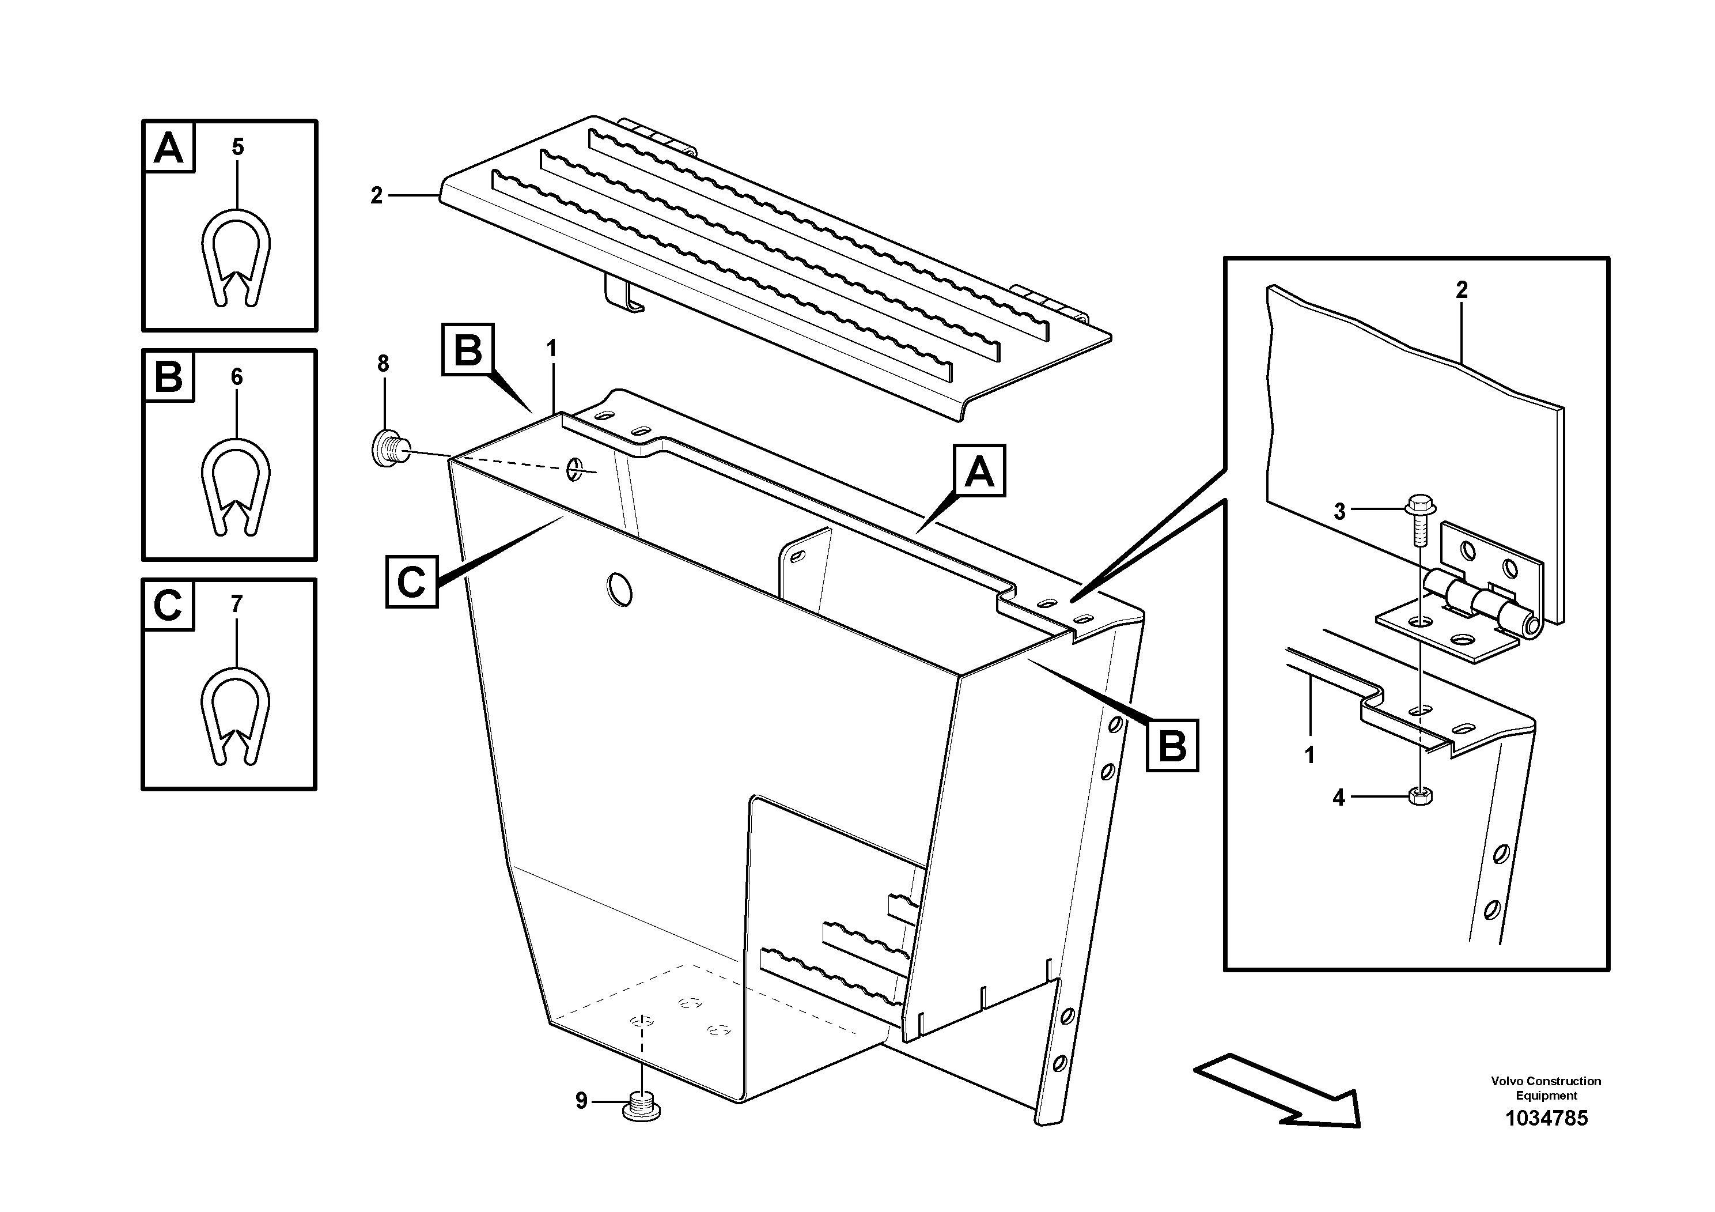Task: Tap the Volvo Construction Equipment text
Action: (1546, 1088)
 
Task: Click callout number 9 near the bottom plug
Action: (581, 1101)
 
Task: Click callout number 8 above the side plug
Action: (383, 364)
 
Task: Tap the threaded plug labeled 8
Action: (388, 448)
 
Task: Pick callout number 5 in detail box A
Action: (237, 147)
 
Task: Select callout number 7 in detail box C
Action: (237, 604)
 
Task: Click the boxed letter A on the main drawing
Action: (979, 471)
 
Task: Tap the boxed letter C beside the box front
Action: (411, 582)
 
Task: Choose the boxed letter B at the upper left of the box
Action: (468, 349)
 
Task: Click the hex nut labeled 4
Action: (1419, 797)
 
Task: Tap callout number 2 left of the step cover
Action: (376, 196)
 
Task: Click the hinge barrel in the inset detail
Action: (1483, 608)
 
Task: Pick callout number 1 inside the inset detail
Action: (1309, 755)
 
